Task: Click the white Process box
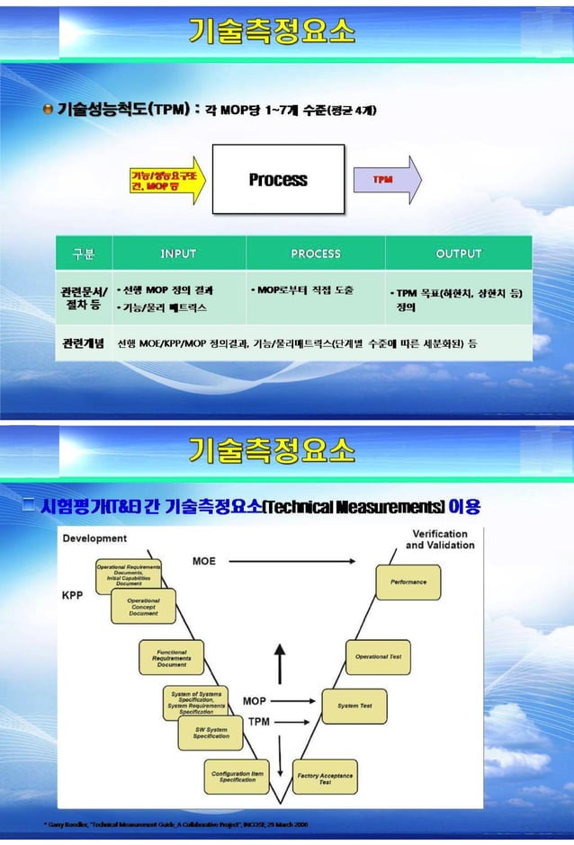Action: coord(278,179)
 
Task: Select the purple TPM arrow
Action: coord(386,179)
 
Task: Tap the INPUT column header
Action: coord(178,253)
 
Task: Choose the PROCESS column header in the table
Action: coord(316,253)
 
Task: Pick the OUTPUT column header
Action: coord(458,253)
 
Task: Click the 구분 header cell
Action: coord(84,253)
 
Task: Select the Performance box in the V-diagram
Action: coord(408,582)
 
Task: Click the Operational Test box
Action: coord(379,656)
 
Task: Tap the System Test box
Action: coord(354,706)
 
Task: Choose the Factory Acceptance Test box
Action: coord(325,778)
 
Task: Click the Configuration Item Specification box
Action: coord(238,776)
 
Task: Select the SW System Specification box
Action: coord(211,733)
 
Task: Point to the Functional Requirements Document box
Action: coord(172,658)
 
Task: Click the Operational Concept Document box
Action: coord(143,607)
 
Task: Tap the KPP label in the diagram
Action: coord(73,595)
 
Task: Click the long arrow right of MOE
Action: coord(291,562)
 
